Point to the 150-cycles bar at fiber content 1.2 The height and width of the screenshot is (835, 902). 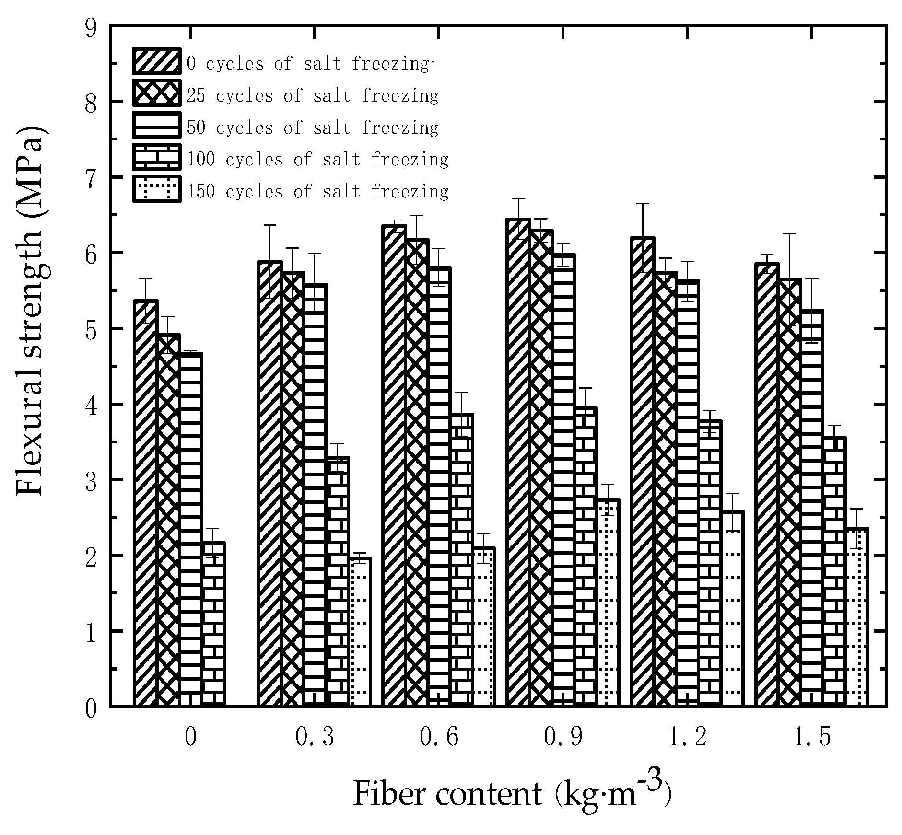(x=732, y=609)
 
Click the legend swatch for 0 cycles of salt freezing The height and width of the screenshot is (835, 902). (x=157, y=61)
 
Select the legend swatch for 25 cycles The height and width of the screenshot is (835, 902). (x=157, y=93)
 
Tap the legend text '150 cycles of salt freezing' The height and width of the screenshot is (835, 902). (x=317, y=191)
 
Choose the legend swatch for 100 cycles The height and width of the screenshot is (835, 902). (x=157, y=157)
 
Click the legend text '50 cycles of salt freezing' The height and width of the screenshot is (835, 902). (x=313, y=128)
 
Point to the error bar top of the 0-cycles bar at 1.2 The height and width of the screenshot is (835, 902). (x=643, y=204)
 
